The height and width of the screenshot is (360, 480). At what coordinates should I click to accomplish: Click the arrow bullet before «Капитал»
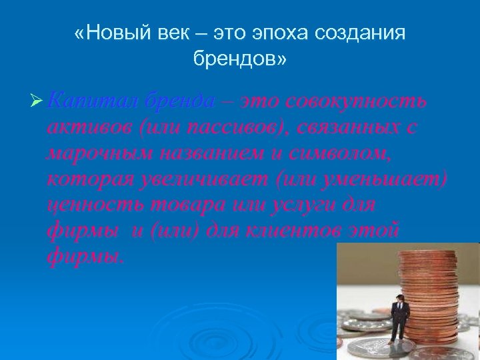click(x=37, y=102)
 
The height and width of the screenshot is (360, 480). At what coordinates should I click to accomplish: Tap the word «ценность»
click(x=87, y=205)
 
